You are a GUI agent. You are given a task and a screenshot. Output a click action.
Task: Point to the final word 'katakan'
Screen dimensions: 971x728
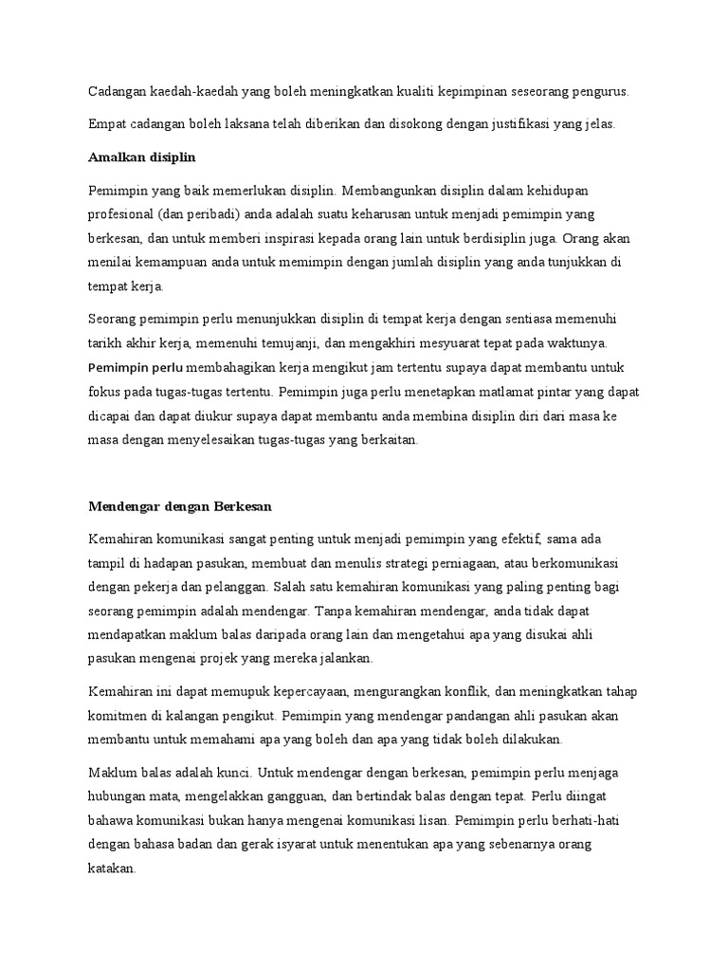[113, 866]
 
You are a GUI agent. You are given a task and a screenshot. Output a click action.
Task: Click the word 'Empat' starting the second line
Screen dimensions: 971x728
[106, 123]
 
